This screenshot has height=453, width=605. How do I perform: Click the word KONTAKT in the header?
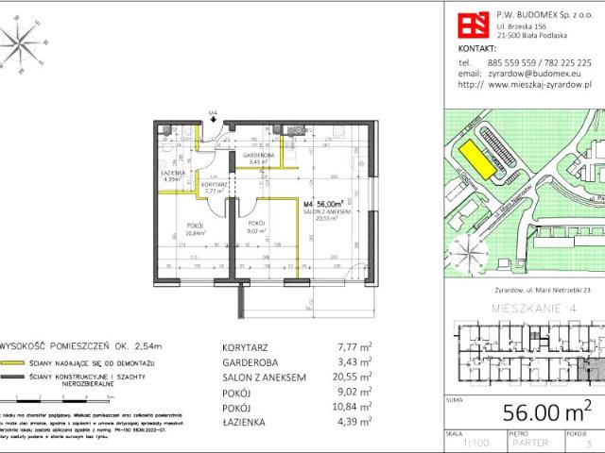(476, 46)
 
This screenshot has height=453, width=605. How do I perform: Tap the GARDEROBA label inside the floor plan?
(258, 154)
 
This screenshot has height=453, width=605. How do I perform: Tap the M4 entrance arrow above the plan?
(214, 116)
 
